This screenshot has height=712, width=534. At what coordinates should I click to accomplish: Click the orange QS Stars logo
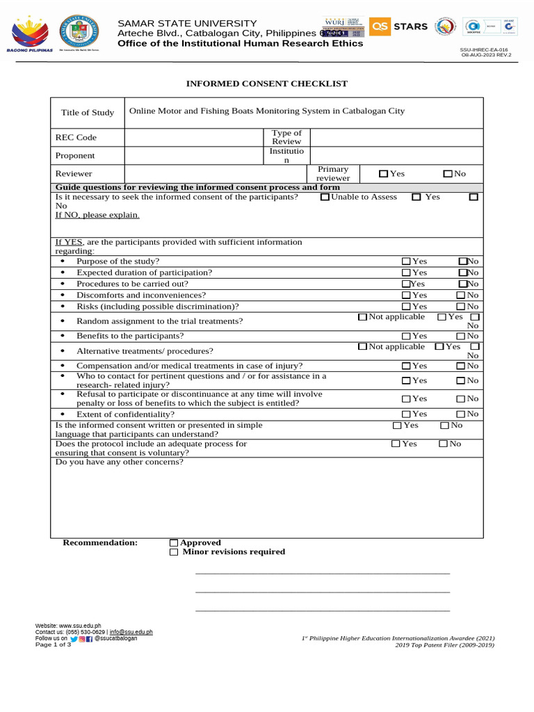tap(398, 27)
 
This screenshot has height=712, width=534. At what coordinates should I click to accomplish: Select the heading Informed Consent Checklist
tap(266, 83)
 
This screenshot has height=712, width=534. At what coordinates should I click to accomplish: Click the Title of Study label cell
tap(88, 113)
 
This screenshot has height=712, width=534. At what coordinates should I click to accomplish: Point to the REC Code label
tap(76, 138)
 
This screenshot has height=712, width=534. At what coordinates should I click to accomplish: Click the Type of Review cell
tap(286, 137)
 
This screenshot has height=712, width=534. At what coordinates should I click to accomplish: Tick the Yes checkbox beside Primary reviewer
tap(383, 174)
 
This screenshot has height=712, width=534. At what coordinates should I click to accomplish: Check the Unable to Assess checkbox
tap(325, 197)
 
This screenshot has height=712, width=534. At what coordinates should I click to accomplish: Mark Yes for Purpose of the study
tap(406, 261)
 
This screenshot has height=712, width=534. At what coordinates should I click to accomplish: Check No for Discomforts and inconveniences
tap(460, 296)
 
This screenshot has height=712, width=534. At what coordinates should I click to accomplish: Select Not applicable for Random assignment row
tap(362, 317)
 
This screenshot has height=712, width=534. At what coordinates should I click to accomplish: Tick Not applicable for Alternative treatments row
tap(362, 347)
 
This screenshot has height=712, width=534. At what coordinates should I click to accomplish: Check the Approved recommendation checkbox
tap(174, 543)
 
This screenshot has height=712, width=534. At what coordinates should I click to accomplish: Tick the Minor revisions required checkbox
tap(174, 552)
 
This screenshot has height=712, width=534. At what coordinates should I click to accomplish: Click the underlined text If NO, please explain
tap(97, 215)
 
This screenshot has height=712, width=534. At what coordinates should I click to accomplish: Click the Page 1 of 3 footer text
tap(54, 645)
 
